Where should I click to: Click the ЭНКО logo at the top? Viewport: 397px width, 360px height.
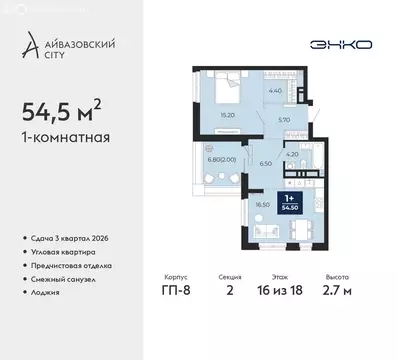click(319, 45)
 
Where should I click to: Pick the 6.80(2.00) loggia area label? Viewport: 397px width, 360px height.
click(222, 158)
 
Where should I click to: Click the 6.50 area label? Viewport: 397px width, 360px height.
click(266, 163)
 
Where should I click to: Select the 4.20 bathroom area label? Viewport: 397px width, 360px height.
click(294, 154)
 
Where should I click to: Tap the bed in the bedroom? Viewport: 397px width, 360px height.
click(228, 89)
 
